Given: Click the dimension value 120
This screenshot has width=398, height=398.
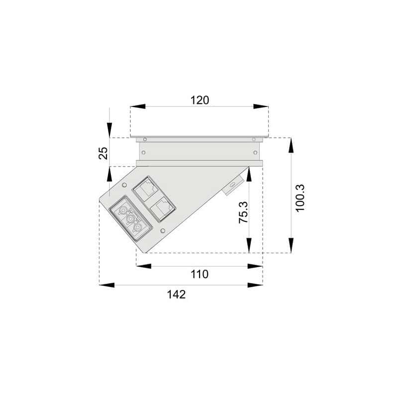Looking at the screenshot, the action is (200, 100).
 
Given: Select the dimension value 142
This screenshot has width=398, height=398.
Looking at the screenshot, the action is (177, 295).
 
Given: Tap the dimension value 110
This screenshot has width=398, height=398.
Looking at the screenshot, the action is (199, 274).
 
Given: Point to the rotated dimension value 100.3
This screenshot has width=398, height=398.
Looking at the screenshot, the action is (300, 198).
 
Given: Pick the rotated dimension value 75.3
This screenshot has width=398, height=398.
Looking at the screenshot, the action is (244, 212).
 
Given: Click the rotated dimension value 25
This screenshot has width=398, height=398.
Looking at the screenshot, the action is (103, 153).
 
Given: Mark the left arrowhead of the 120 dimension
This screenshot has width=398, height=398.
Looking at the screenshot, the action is (138, 106).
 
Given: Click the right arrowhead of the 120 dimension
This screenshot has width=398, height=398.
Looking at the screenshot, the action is (261, 106).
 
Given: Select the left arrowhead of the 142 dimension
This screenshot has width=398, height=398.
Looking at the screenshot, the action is (107, 285).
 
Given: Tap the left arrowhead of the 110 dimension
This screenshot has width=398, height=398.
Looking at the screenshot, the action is (144, 266).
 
